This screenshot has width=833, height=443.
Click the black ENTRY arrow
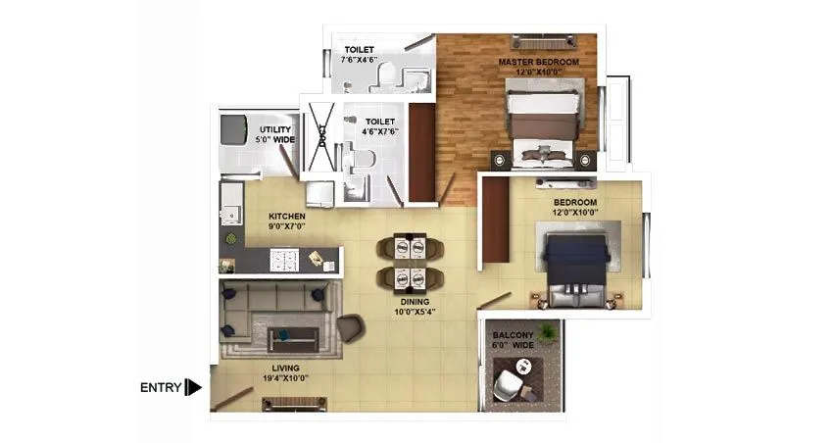click(x=193, y=387)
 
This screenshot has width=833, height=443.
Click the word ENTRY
click(x=161, y=387)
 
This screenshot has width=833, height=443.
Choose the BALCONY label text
click(x=513, y=339)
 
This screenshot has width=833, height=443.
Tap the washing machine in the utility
click(x=234, y=129)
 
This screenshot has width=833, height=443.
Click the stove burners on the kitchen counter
click(x=282, y=260)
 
